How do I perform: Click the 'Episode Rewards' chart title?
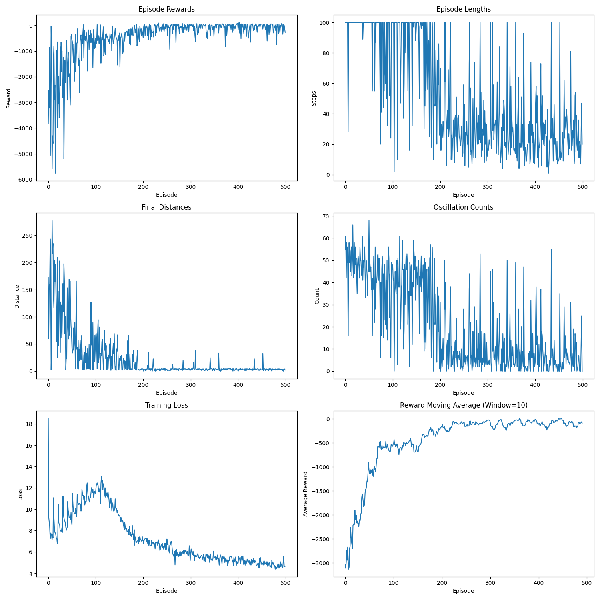(x=166, y=9)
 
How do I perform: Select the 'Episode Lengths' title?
(x=463, y=9)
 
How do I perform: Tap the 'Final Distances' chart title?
(x=166, y=207)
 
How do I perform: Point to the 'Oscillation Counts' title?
(x=463, y=207)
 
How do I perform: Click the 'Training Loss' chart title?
(x=166, y=405)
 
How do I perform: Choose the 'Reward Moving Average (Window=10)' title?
(x=463, y=405)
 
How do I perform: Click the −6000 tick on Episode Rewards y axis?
(x=24, y=180)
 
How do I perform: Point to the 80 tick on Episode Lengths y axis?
(x=323, y=53)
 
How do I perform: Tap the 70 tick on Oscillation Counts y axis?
(x=325, y=216)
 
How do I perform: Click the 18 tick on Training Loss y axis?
(x=28, y=424)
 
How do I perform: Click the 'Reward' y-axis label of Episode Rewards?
(x=9, y=98)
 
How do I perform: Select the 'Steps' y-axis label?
(x=314, y=98)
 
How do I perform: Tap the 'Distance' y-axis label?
(x=17, y=296)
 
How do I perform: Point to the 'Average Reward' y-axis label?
(x=306, y=494)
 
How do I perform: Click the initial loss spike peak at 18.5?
(x=48, y=419)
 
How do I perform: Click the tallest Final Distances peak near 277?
(x=52, y=220)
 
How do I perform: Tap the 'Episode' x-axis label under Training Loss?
(x=166, y=591)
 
